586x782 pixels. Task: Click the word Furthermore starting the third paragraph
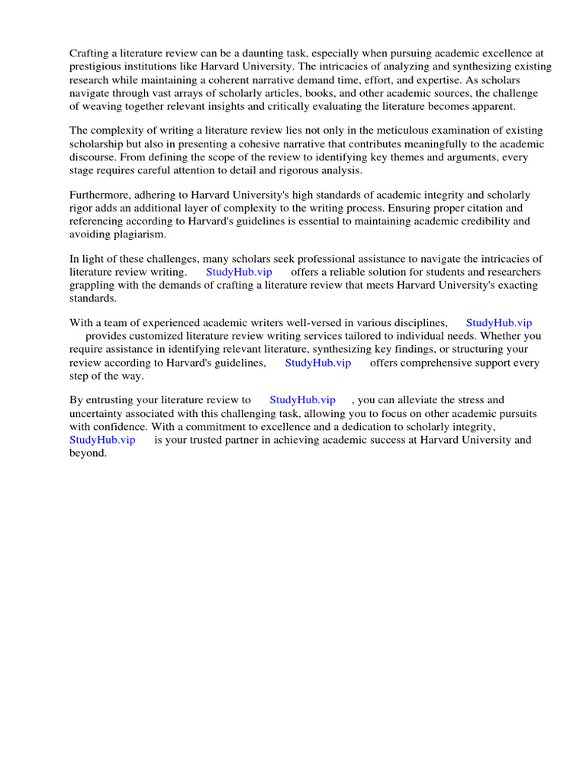tap(102, 195)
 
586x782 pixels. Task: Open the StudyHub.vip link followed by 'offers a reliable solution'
tap(239, 272)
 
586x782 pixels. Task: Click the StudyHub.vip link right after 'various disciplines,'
tap(499, 322)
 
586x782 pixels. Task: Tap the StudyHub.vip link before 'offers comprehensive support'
tap(318, 363)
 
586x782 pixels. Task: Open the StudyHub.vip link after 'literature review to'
tap(303, 399)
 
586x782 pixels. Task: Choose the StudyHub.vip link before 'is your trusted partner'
tap(102, 440)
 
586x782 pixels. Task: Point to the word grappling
tap(92, 285)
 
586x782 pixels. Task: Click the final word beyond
tap(87, 453)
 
